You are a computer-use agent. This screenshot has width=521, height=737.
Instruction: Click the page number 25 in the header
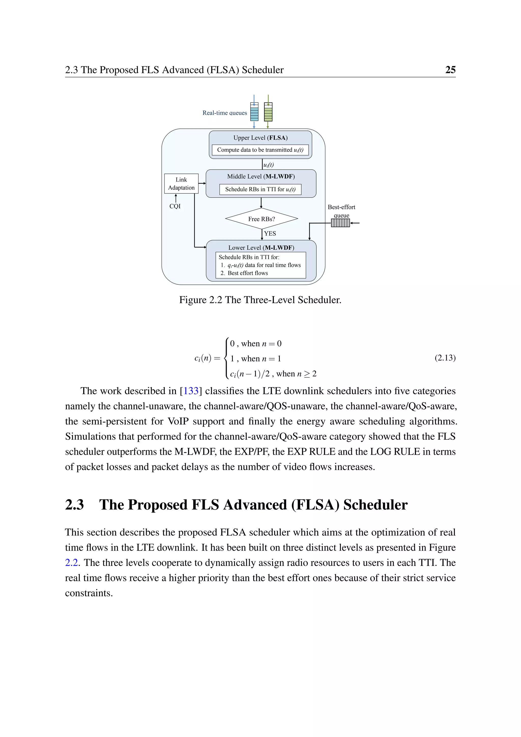[x=450, y=70]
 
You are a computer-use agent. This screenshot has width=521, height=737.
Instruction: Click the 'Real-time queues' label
[x=225, y=113]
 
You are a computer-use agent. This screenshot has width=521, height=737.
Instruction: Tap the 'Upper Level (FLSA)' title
[x=260, y=138]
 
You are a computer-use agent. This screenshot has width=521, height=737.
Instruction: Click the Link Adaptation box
[x=181, y=183]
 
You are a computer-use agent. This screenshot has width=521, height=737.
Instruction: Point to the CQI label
[x=175, y=206]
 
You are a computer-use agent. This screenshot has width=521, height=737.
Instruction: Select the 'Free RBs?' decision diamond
[x=262, y=219]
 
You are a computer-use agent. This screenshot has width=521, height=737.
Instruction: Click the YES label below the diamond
[x=270, y=233]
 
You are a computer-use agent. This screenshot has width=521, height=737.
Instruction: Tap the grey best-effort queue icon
[x=340, y=223]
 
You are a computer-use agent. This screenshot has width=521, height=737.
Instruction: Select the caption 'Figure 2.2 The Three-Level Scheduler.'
[x=260, y=300]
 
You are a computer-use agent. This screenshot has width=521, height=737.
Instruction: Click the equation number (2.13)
[x=445, y=358]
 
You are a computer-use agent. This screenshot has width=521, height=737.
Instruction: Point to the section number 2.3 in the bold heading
[x=75, y=505]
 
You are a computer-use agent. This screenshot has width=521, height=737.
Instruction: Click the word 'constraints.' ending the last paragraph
[x=89, y=593]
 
